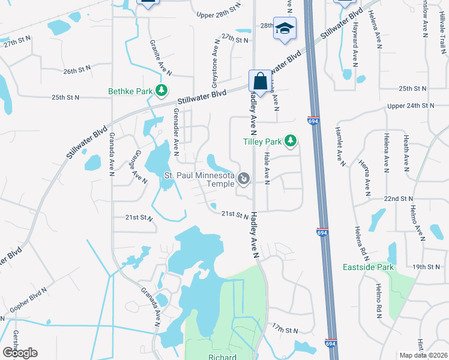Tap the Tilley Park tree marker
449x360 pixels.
(x=291, y=142)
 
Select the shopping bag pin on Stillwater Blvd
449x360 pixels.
(x=259, y=80)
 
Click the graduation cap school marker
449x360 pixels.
(x=284, y=29)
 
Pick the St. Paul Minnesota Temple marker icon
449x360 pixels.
(x=244, y=179)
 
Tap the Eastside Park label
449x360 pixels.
(x=369, y=266)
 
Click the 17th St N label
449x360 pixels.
(x=285, y=330)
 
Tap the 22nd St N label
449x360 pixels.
(x=399, y=199)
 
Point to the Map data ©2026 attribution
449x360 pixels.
(x=423, y=355)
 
